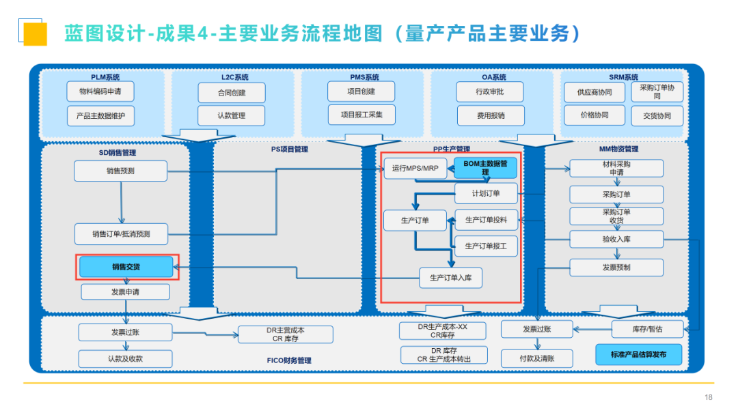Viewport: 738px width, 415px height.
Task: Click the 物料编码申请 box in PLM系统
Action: pyautogui.click(x=100, y=91)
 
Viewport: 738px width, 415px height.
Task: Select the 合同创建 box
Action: pyautogui.click(x=232, y=93)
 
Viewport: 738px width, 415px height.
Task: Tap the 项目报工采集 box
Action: pyautogui.click(x=361, y=115)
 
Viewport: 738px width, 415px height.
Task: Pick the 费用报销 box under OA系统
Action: pyautogui.click(x=491, y=115)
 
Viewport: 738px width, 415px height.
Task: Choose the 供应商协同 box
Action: pyautogui.click(x=594, y=93)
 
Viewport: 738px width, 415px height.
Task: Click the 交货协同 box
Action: pyautogui.click(x=657, y=115)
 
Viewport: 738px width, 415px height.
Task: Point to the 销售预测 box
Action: pyautogui.click(x=120, y=171)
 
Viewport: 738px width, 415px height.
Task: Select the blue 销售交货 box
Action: pyautogui.click(x=126, y=267)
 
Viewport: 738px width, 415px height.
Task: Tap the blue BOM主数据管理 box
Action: pyautogui.click(x=485, y=168)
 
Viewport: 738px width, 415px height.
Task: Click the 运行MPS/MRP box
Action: pyautogui.click(x=415, y=168)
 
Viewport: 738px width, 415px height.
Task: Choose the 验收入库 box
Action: pyautogui.click(x=616, y=240)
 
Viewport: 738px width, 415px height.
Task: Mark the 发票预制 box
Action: pyautogui.click(x=616, y=268)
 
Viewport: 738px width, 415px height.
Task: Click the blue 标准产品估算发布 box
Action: pyautogui.click(x=639, y=355)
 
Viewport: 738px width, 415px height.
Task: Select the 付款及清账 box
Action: pyautogui.click(x=536, y=358)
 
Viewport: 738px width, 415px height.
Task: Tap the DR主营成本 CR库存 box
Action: pyautogui.click(x=286, y=334)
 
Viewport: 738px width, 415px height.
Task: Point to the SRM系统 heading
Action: pyautogui.click(x=624, y=77)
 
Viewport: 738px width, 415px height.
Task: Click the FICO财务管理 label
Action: pyautogui.click(x=288, y=360)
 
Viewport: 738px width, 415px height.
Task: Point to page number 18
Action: pyautogui.click(x=708, y=398)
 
